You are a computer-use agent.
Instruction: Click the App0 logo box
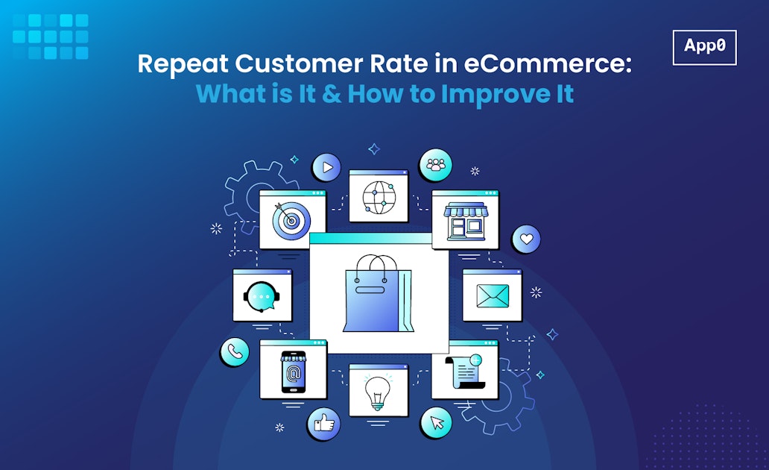[704, 47]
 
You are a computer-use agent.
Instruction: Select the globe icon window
[379, 196]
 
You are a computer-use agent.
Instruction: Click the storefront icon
[465, 220]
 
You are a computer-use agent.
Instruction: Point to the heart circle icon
[526, 239]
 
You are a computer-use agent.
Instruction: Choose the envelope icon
[493, 296]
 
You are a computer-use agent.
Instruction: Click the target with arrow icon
[292, 221]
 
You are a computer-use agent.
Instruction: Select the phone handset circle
[234, 352]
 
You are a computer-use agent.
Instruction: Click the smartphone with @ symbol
[293, 371]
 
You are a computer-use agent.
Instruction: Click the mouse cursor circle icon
[436, 423]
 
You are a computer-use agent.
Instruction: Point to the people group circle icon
[435, 165]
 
